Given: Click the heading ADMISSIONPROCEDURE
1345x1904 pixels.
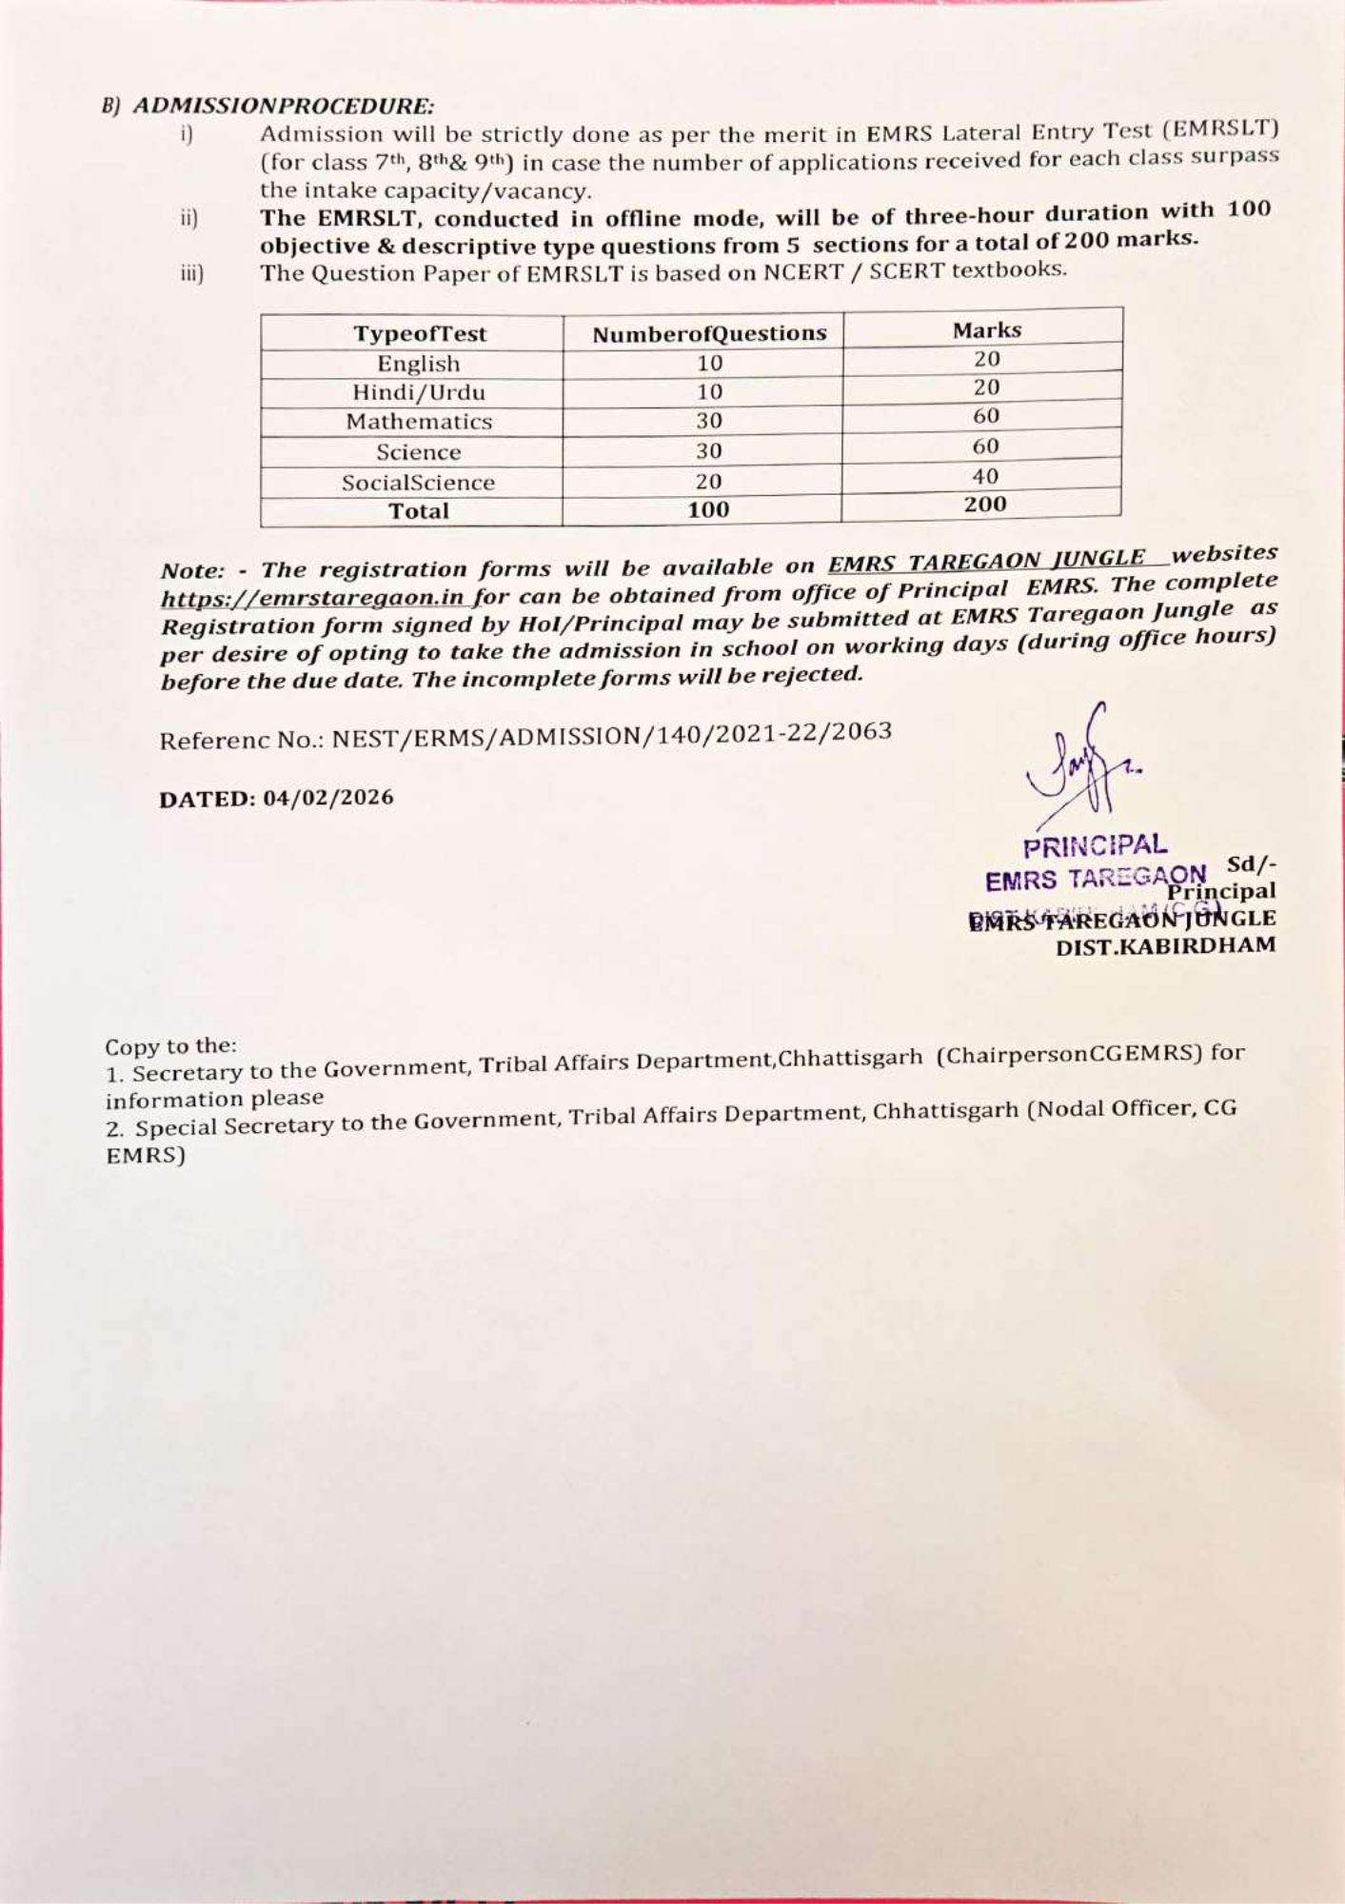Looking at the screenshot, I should pyautogui.click(x=283, y=105).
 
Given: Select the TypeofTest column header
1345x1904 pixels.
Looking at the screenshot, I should pyautogui.click(x=419, y=334).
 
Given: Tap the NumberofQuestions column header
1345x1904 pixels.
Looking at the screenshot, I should pyautogui.click(x=709, y=333).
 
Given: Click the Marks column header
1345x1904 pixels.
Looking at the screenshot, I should pyautogui.click(x=986, y=329).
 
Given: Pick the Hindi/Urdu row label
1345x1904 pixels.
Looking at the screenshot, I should pyautogui.click(x=419, y=392).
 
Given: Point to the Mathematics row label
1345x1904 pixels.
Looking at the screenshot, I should pyautogui.click(x=419, y=421).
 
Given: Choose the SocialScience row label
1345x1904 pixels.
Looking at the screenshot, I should pyautogui.click(x=419, y=483).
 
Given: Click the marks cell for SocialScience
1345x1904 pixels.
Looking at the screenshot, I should pyautogui.click(x=985, y=476).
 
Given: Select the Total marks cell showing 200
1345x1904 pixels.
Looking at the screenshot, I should pyautogui.click(x=984, y=505).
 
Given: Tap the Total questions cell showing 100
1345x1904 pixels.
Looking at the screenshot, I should pyautogui.click(x=707, y=510).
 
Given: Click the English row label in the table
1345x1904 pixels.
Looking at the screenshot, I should pyautogui.click(x=419, y=364).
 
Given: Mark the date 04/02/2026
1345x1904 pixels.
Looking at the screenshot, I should pyautogui.click(x=327, y=798).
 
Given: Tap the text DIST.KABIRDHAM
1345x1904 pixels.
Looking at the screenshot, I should pyautogui.click(x=1165, y=946).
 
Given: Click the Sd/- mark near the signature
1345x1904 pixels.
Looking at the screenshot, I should pyautogui.click(x=1251, y=864).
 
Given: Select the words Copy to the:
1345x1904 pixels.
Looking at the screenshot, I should pyautogui.click(x=170, y=1046).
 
